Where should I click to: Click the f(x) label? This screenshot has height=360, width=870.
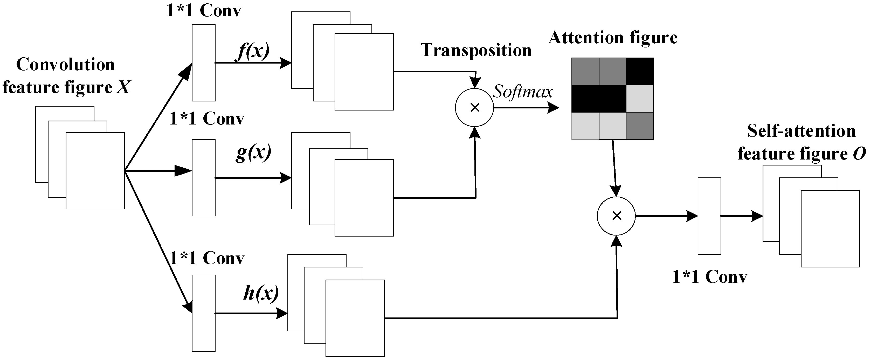point(253,52)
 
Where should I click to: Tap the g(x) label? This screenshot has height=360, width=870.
point(253,153)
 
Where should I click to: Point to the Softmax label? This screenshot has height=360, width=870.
point(522,92)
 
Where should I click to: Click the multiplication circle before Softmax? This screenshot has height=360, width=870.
point(474,108)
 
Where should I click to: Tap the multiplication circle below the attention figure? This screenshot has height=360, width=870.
point(616,216)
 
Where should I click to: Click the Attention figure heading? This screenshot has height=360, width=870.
point(613,38)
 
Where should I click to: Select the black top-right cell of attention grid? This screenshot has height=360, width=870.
point(640,71)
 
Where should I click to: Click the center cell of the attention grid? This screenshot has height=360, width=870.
point(612,99)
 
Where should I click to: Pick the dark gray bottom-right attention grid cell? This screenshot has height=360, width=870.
point(640,126)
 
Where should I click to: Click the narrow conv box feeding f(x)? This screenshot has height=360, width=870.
point(204,63)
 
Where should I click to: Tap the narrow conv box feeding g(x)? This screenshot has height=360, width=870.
point(204,178)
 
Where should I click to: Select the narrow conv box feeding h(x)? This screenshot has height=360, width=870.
point(204,313)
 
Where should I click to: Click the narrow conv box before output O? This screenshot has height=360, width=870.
point(709,216)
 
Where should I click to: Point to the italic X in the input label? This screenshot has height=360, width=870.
point(123,87)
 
